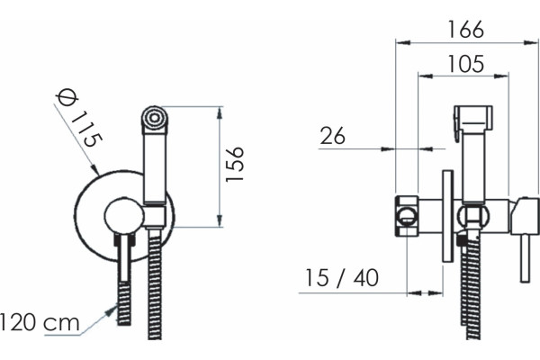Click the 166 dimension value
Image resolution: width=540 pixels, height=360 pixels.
pos(465,30)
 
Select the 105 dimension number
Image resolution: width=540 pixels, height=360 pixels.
pos(465,64)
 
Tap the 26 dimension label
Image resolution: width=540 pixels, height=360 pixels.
pos(332,135)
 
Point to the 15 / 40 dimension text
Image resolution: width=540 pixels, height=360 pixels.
pos(342,278)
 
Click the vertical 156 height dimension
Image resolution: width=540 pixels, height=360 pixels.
pos(235,164)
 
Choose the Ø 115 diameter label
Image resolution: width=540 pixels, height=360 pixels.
pos(79,118)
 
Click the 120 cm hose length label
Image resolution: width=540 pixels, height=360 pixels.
pos(40,322)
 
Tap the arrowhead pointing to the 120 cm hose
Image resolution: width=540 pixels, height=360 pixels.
pos(112,311)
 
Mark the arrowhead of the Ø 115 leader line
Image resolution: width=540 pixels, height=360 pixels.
pos(94,169)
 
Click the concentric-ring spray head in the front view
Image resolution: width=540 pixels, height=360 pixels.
pos(155,118)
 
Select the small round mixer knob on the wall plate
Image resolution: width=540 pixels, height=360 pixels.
pos(124,215)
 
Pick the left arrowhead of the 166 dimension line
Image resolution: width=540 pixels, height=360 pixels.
pos(403,42)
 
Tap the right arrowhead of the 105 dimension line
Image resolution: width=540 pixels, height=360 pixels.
pos(501,76)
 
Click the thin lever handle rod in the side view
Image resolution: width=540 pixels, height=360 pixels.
pos(525,258)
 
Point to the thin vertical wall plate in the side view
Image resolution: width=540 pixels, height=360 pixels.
pos(447,216)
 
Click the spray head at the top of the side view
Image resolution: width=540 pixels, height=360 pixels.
pos(473,119)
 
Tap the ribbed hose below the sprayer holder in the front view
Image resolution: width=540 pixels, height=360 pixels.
pos(155,283)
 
